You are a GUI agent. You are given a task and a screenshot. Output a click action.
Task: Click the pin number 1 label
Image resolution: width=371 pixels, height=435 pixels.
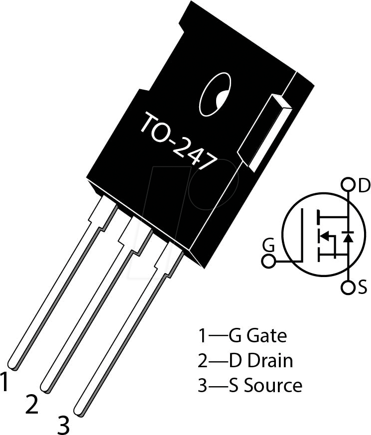point(5,383)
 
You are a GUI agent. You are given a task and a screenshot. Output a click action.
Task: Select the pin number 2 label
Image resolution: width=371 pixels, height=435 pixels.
point(31,405)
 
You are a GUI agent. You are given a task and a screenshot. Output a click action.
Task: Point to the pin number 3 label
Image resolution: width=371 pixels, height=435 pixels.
point(63,425)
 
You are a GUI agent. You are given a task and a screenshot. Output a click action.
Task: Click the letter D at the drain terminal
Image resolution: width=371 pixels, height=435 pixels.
point(364,186)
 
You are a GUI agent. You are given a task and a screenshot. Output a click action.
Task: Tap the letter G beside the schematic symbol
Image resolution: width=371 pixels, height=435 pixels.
point(268,245)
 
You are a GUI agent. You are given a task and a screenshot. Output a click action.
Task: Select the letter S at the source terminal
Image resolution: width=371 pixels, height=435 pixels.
point(363,288)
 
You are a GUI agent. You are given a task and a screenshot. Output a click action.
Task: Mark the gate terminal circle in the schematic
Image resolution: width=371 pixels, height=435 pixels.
point(268,261)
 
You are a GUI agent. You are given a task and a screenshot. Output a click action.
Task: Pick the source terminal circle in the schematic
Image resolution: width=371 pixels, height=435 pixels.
point(348,288)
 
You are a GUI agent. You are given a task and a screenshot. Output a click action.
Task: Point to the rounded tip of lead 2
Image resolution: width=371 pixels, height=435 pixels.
point(46,387)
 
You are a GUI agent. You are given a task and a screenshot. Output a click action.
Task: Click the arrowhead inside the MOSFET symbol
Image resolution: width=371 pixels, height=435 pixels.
point(324,236)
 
